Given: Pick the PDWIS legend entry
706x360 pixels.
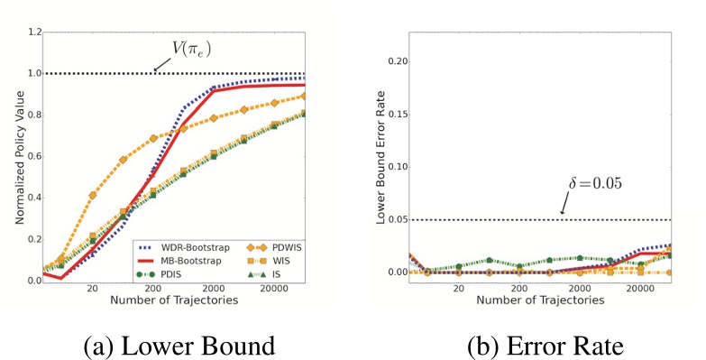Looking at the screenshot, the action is coord(274,248).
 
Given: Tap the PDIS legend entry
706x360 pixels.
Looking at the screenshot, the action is coord(159,274).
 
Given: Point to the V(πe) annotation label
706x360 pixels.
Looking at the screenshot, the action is coord(192,49).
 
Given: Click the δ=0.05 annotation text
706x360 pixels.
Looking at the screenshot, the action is coord(595,183).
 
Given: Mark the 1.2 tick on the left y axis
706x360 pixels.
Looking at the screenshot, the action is coord(34,32).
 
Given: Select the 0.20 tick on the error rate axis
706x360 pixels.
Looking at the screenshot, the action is coord(398,61).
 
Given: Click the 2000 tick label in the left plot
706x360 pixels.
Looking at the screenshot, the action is coord(214,289).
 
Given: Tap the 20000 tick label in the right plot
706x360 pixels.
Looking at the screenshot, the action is coord(640,289).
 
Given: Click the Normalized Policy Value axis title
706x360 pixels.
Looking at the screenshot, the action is coord(20,157).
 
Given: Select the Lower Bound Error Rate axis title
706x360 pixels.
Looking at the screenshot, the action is coord(381,157).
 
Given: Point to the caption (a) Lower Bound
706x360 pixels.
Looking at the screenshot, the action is coord(179,346).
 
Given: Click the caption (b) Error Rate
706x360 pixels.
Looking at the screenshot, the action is coord(546,346).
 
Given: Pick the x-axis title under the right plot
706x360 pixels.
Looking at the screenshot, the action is coord(540,300).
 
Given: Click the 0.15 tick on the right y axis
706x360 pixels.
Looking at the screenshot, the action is coord(398,114).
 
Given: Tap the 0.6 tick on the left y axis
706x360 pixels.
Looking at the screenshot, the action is coord(34,156).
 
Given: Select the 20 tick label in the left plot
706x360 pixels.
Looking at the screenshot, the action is coord(92,289).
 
